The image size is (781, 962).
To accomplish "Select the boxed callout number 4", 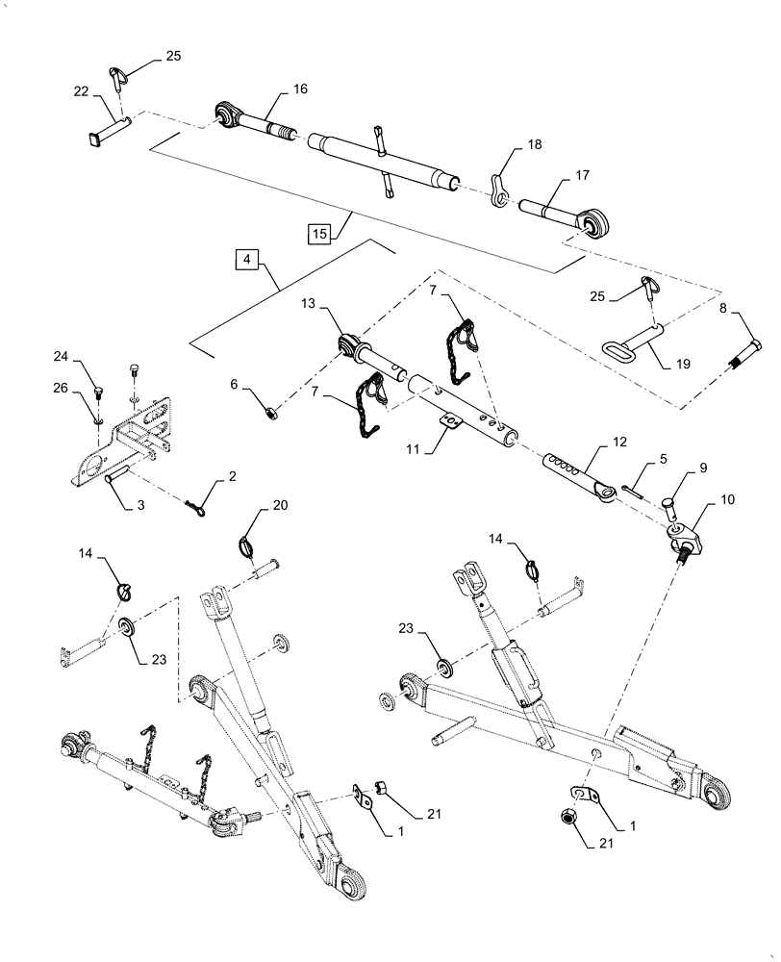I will pos(248,260).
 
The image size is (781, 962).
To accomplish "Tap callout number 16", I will pos(300,89).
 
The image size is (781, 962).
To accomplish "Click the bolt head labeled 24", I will pos(99,390).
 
